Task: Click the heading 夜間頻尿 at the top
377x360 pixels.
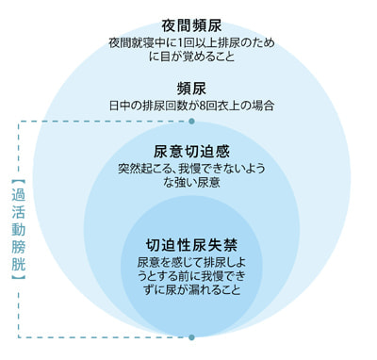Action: [x=192, y=25]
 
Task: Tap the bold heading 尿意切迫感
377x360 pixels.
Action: [x=192, y=151]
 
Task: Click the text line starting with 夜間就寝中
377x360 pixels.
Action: [x=192, y=42]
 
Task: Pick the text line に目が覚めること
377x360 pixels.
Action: [x=192, y=57]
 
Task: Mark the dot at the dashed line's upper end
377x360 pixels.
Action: [x=192, y=123]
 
